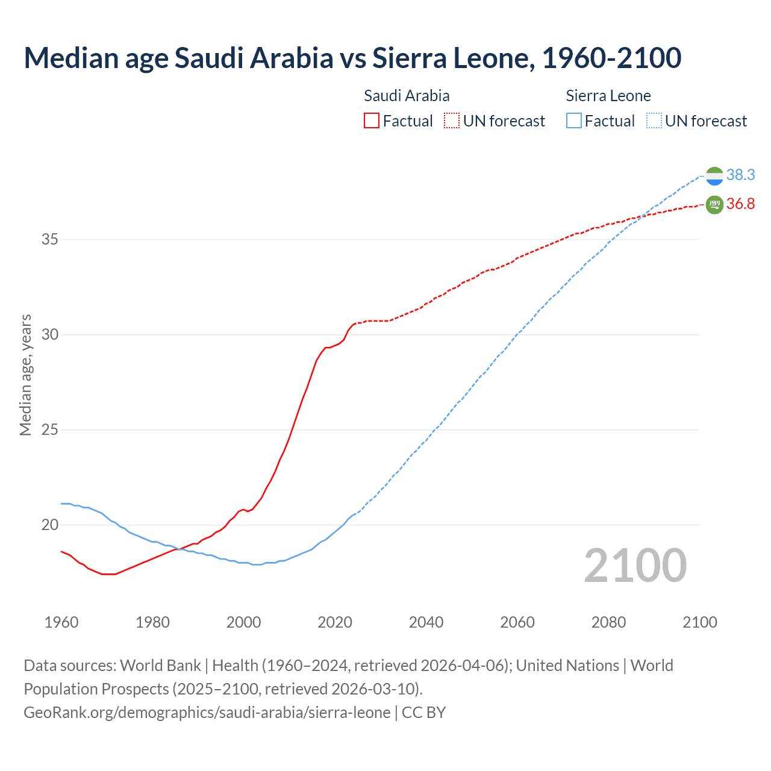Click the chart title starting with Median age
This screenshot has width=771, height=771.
pos(352,58)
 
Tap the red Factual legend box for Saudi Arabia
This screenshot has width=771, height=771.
pos(372,120)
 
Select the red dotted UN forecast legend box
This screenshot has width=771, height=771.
pos(452,120)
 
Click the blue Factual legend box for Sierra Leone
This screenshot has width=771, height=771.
pos(574,120)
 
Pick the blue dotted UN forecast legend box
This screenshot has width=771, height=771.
pos(654,120)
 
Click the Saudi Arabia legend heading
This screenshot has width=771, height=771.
pos(407,96)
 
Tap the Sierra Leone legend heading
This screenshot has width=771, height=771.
pos(608,96)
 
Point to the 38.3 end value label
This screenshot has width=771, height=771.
pos(740,175)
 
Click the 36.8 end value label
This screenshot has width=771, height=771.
pos(740,204)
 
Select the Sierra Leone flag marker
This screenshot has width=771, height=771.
pos(714,175)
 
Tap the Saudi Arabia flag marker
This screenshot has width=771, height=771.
pos(714,205)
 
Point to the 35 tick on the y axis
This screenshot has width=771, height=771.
pos(50,239)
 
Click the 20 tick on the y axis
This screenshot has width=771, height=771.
pos(50,525)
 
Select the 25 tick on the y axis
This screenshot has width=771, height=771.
pos(50,429)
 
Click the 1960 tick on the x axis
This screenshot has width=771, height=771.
pos(61,622)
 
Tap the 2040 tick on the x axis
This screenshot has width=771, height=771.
pos(426,622)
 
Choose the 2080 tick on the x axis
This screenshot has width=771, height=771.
pos(608,622)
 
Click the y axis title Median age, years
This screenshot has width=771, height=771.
pos(25,375)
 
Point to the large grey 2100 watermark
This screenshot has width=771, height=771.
pos(635,566)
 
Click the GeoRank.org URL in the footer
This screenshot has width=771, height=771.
pos(207,712)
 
